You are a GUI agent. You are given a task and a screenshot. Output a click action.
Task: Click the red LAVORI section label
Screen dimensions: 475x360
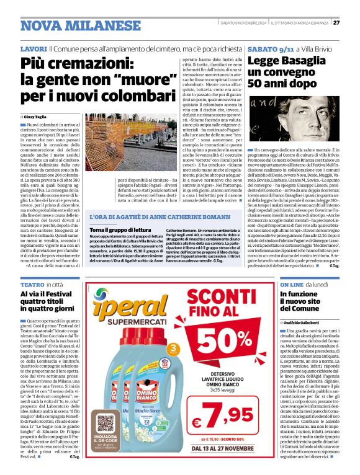(33, 48)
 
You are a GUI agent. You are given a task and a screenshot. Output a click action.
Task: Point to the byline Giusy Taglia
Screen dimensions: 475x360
(37, 117)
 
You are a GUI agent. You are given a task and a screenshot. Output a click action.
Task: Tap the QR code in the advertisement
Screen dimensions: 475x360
(106, 424)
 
